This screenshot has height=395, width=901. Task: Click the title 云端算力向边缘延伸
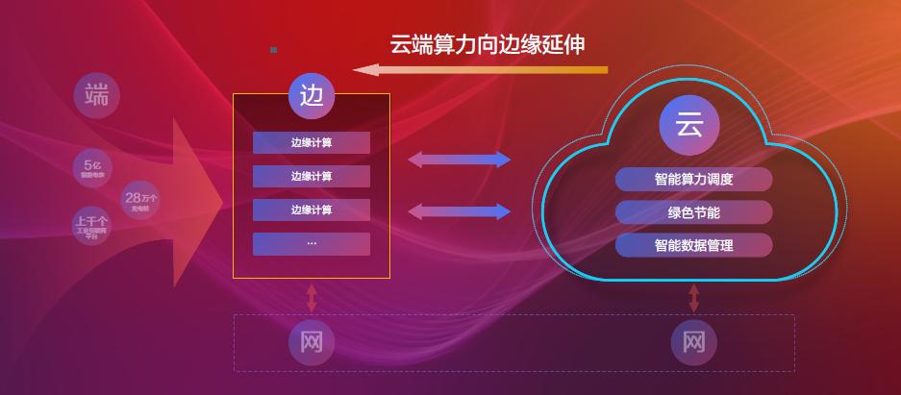point(488,44)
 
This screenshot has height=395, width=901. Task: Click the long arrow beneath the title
point(480,69)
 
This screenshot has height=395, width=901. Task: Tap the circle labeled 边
point(312,95)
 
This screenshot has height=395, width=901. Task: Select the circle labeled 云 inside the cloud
point(688,125)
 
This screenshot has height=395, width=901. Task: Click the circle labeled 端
point(96,95)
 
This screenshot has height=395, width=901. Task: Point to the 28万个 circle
point(140,201)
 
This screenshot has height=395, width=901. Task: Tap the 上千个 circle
point(92,227)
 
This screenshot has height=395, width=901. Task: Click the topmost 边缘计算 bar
point(312,143)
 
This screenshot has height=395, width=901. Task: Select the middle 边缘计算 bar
point(312,177)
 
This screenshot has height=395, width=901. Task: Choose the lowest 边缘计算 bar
point(312,210)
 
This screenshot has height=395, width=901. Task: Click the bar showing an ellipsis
point(312,244)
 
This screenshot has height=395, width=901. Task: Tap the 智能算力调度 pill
point(693,180)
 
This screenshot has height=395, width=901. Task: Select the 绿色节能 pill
point(693,212)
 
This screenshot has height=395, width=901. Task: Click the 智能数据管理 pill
point(693,245)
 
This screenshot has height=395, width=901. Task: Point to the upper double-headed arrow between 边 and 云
point(460,160)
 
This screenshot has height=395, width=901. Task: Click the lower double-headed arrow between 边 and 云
point(460,211)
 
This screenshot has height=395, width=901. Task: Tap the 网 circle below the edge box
point(312,341)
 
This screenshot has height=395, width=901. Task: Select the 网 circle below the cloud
point(693,341)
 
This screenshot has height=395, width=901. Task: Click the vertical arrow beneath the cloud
point(693,297)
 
